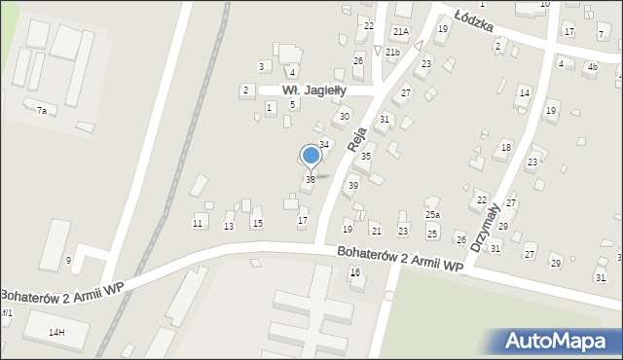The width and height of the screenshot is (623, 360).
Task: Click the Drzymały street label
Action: pos(485,227)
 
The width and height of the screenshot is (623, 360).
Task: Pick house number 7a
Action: pos(41,111)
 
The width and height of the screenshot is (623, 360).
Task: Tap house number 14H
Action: pos(56,333)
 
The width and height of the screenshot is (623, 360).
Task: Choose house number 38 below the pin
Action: pos(311,180)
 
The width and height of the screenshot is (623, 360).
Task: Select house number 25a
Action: pos(432,214)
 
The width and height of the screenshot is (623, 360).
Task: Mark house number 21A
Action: pos(400,32)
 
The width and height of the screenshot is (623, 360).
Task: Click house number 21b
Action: pos(392,52)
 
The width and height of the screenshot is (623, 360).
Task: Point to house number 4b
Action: pos(592,67)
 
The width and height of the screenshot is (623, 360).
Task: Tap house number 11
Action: pos(198,224)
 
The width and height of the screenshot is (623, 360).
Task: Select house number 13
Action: pos(229,226)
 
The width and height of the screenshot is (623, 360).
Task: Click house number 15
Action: pos(257,224)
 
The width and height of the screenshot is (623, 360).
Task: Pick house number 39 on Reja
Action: pos(353,185)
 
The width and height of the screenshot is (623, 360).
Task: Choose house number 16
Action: pos(355,272)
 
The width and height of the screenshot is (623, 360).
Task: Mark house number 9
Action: pos(68,260)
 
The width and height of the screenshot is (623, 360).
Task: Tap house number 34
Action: pos(325,144)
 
